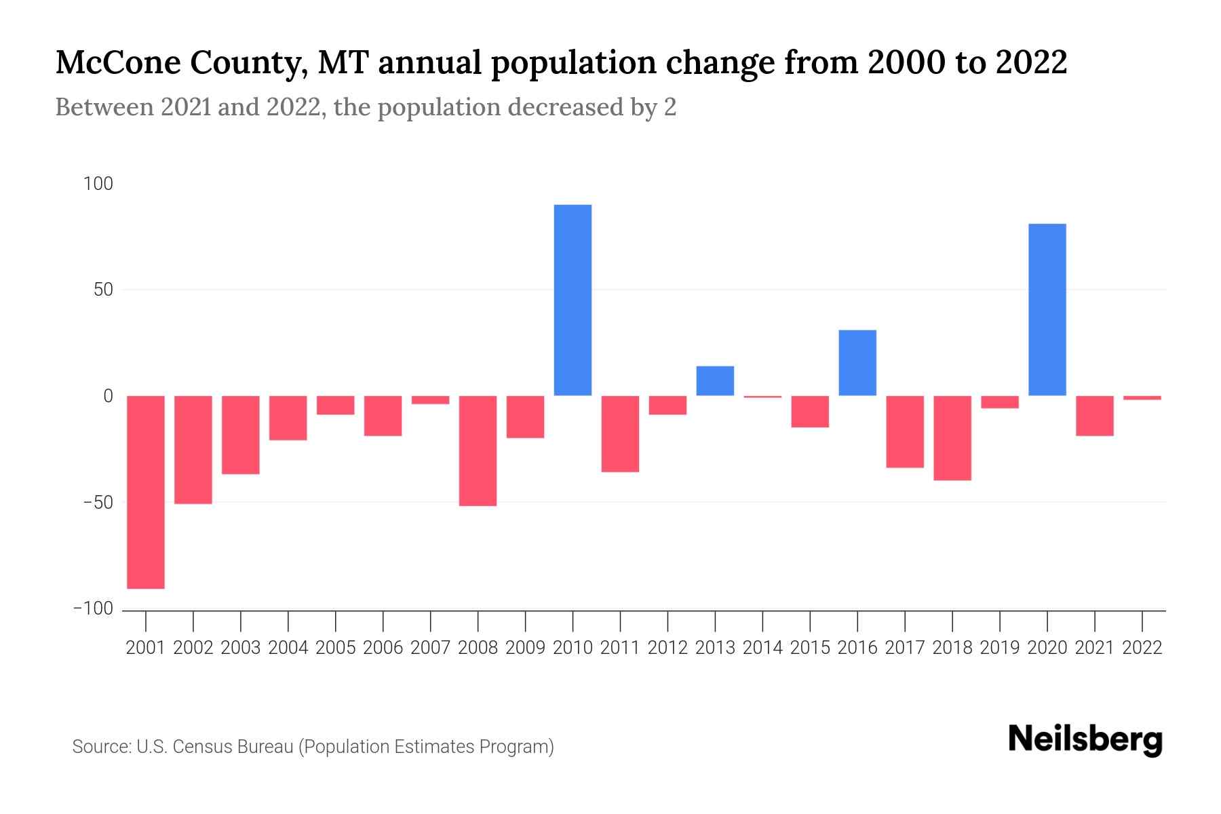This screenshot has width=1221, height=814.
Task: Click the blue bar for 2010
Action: pos(573,300)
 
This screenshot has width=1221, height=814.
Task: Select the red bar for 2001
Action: pos(146,492)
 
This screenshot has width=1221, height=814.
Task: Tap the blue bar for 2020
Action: pos(1047,309)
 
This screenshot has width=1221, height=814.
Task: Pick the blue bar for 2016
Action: pos(857,363)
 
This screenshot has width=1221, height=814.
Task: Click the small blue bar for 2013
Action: pos(715,381)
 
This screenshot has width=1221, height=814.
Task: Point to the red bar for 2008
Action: pos(478,450)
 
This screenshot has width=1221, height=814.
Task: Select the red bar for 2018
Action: pos(952,438)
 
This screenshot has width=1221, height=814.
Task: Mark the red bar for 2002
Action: pos(193,450)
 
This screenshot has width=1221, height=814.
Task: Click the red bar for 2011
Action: pos(620,434)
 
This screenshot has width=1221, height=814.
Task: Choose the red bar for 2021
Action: pos(1094,416)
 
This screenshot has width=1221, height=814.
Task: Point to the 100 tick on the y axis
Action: pos(98,184)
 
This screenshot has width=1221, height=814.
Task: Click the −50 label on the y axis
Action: pos(98,503)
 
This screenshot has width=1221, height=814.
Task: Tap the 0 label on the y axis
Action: pos(108,396)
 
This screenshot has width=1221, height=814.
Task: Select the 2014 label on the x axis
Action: pos(762,648)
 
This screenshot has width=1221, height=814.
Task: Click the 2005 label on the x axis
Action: pos(336,648)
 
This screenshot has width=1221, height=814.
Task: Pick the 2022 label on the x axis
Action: pos(1142,648)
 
